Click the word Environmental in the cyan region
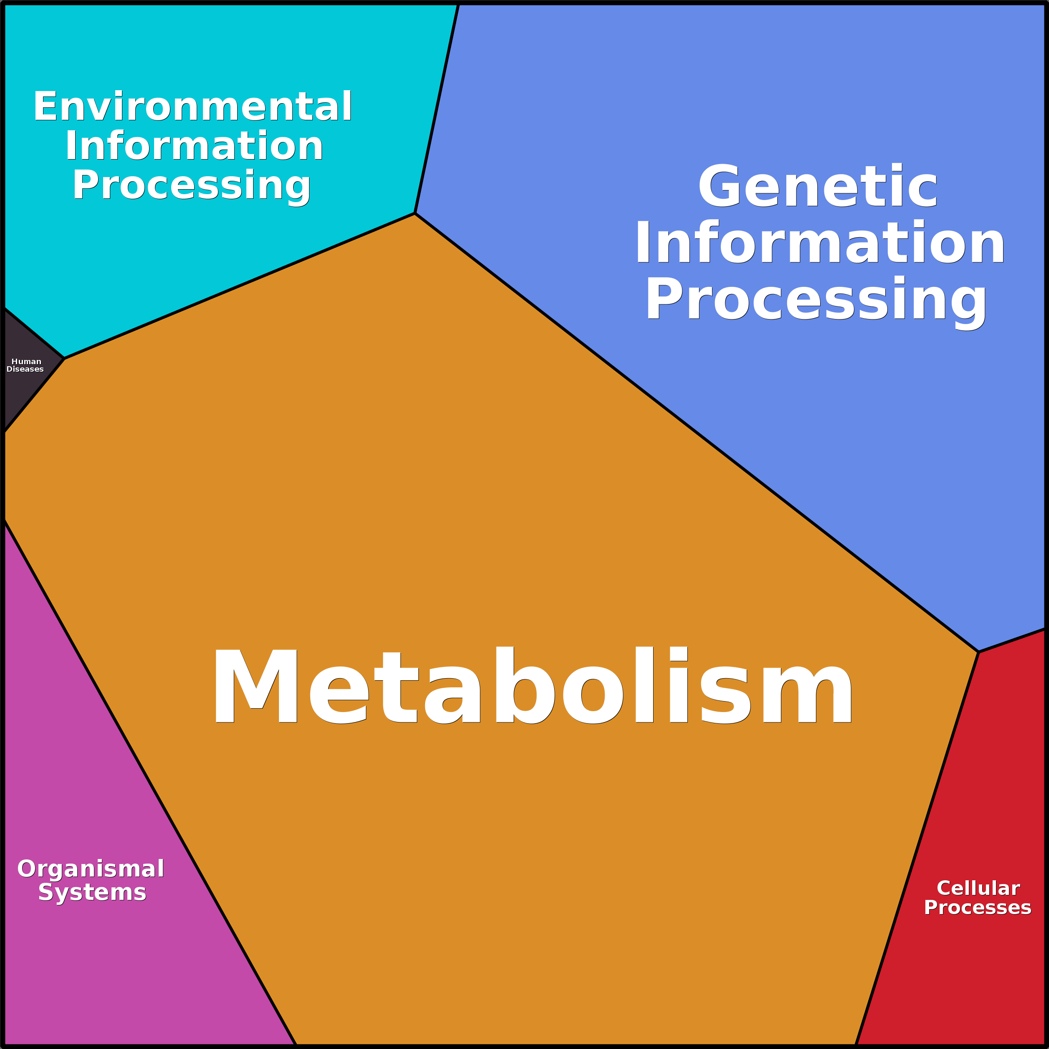coord(193,106)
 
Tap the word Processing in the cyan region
coord(191,185)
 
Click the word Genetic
coord(818,187)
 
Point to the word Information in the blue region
coord(819,243)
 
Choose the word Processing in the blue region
coord(816,299)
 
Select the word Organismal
coord(91,869)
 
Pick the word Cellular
coord(978,888)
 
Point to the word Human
coord(26,362)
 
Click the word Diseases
coord(25,369)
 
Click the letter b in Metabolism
coord(524,685)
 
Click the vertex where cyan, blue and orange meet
coord(415,213)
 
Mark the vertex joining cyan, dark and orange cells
coord(64,358)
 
